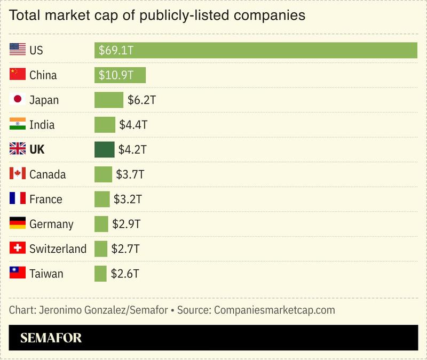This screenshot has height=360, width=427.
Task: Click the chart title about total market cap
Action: [157, 15]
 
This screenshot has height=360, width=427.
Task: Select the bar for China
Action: [120, 75]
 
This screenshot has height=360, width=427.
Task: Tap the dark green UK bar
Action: [105, 150]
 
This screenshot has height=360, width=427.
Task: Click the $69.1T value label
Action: [115, 51]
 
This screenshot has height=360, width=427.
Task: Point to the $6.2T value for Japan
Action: [141, 100]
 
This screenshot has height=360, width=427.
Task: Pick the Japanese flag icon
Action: [18, 99]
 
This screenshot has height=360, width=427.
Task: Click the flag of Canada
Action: [18, 174]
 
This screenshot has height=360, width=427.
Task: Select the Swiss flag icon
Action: [18, 248]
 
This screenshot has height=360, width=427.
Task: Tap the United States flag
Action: [18, 50]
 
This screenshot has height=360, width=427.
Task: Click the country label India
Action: [42, 125]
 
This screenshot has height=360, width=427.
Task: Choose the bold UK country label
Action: [37, 150]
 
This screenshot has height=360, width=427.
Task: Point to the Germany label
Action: [51, 224]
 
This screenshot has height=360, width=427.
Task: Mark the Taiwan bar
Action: [100, 274]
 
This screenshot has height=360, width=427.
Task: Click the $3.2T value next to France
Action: [128, 199]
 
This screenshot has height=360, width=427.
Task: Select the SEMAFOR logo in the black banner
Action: [51, 338]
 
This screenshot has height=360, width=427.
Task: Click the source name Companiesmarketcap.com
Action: [274, 310]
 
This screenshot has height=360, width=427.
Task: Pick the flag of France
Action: [18, 198]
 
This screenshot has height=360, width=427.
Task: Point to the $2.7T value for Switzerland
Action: [125, 249]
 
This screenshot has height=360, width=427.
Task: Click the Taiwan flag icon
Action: [18, 273]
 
